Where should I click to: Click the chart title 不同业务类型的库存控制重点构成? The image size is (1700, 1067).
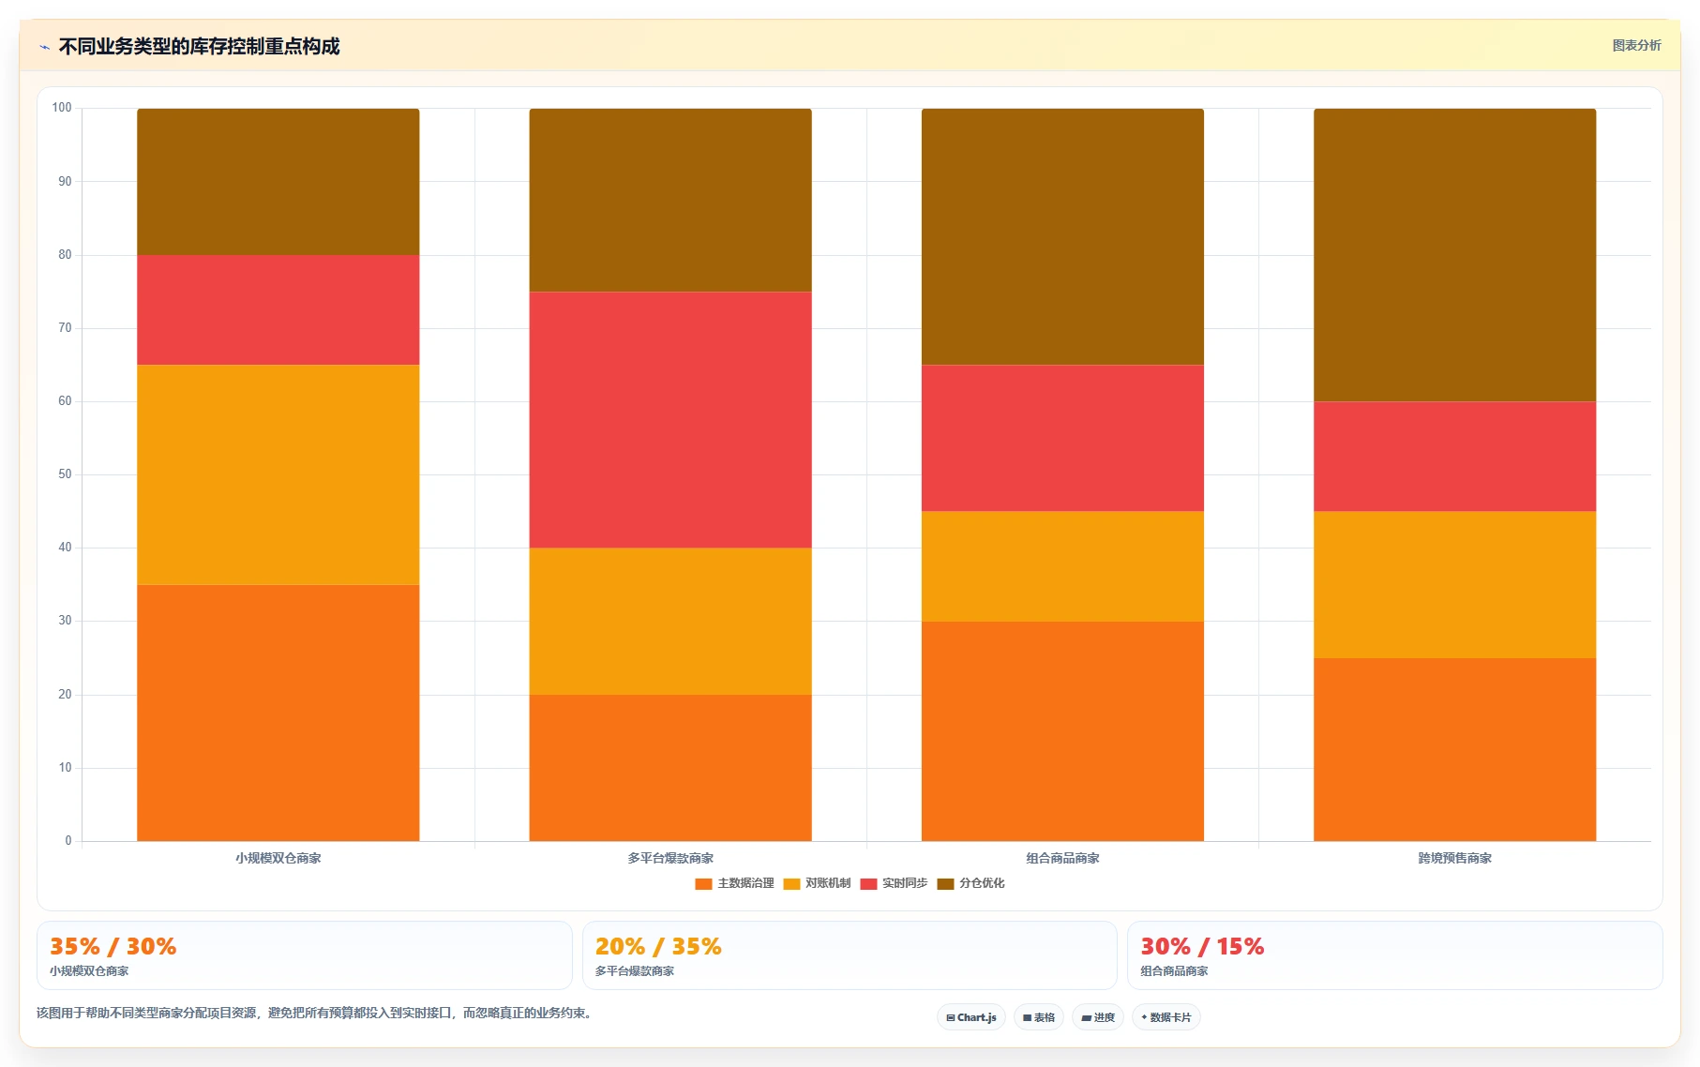tap(199, 46)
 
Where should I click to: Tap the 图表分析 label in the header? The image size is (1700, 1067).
tap(1636, 45)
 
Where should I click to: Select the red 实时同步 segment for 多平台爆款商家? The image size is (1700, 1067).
tap(670, 420)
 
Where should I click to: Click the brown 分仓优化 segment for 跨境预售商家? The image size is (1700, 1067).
tap(1454, 255)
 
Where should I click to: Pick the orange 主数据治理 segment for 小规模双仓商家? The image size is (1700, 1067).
tap(278, 713)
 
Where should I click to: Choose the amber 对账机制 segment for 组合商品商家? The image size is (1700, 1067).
tap(1062, 566)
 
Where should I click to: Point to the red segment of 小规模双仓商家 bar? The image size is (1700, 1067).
tap(278, 310)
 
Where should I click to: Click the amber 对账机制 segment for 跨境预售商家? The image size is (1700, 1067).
tap(1454, 584)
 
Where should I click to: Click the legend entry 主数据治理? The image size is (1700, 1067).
tap(735, 883)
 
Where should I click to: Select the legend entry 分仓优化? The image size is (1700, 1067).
tap(971, 883)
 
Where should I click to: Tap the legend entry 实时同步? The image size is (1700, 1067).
tap(895, 883)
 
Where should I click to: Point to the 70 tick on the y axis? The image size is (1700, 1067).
tap(65, 328)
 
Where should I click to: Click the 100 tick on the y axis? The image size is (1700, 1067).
tap(62, 108)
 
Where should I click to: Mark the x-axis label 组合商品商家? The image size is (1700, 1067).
tap(1062, 858)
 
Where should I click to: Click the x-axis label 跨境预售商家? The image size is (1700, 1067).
tap(1454, 858)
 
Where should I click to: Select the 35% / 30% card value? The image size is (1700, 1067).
tap(113, 946)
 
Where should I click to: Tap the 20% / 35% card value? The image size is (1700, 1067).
tap(658, 946)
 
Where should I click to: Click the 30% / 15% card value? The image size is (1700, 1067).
tap(1202, 946)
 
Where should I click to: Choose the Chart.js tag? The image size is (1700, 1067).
tap(971, 1017)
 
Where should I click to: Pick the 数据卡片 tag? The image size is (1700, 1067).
tap(1166, 1017)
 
